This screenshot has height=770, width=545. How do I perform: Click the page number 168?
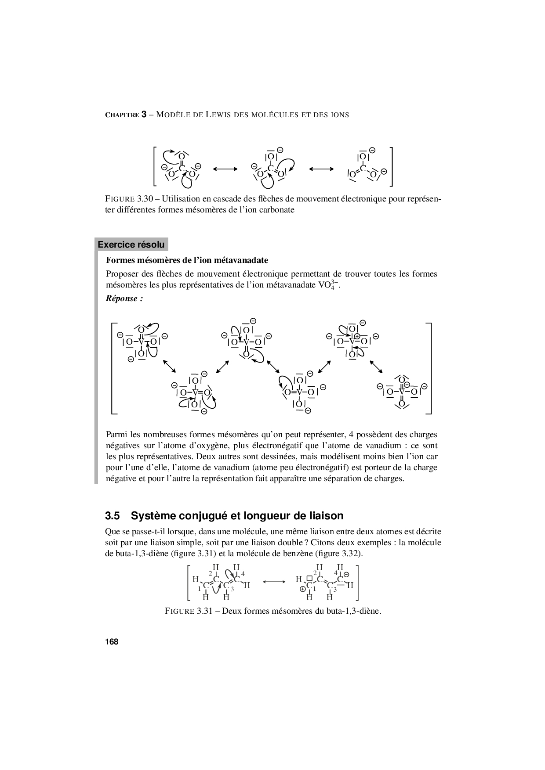pyautogui.click(x=112, y=642)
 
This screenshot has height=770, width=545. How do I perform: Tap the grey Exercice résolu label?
pyautogui.click(x=131, y=245)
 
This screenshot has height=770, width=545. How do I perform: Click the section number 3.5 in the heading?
pyautogui.click(x=113, y=515)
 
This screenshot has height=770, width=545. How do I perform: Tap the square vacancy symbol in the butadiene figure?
pyautogui.click(x=309, y=578)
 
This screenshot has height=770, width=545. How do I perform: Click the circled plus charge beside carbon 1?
pyautogui.click(x=303, y=589)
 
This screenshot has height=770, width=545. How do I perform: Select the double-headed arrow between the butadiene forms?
pyautogui.click(x=274, y=582)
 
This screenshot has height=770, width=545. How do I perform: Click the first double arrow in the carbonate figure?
pyautogui.click(x=225, y=169)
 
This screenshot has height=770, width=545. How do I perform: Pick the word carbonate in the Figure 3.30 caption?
pyautogui.click(x=276, y=209)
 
